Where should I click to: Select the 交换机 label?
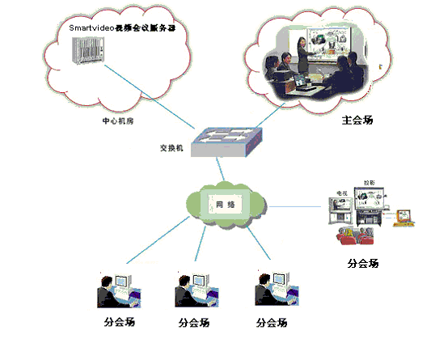[171, 150]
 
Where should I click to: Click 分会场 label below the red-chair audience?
[362, 263]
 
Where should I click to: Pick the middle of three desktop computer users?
[193, 291]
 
